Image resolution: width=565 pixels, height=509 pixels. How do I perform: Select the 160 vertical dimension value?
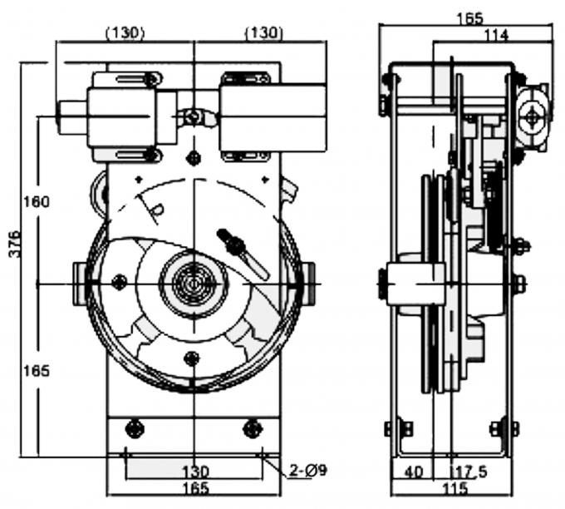37,201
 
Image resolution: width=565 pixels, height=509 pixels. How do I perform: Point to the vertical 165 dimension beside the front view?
37,370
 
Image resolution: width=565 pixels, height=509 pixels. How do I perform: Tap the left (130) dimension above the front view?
125,32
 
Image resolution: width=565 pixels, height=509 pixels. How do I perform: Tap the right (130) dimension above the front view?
263,32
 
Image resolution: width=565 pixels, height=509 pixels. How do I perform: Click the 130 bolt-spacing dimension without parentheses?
194,471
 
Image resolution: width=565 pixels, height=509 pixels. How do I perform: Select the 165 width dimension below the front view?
194,488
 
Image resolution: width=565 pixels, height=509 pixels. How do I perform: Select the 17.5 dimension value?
471,472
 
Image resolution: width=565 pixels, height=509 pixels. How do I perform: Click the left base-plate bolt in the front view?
133,428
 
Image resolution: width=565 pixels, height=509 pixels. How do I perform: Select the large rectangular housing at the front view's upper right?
272,116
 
